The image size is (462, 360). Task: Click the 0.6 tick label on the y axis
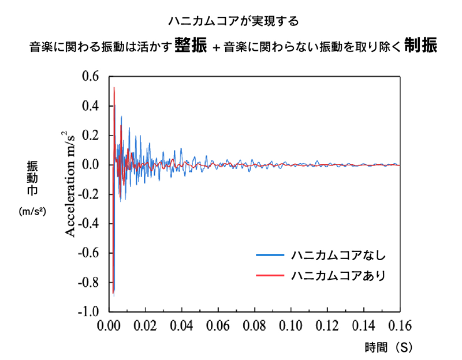(x=91, y=77)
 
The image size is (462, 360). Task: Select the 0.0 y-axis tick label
(x=91, y=165)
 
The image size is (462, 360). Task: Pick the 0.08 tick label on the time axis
(x=254, y=326)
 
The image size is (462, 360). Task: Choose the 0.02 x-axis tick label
(x=145, y=326)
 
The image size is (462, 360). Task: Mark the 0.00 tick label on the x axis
(x=109, y=326)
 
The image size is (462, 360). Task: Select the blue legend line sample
(x=269, y=254)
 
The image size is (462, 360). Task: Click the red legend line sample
(x=269, y=275)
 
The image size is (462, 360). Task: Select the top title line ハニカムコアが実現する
(x=233, y=22)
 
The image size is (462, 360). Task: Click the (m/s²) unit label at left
(x=32, y=212)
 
